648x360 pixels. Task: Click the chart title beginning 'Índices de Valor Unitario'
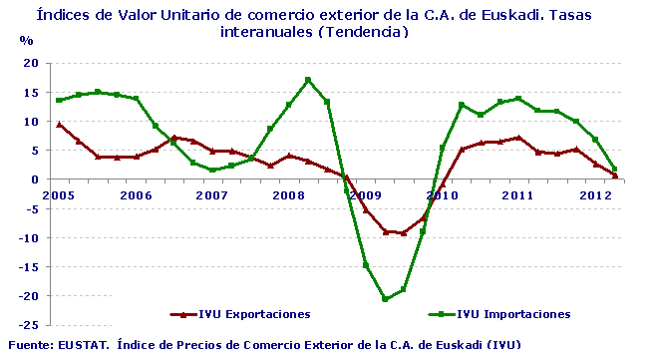324,23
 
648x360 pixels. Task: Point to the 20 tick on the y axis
31,63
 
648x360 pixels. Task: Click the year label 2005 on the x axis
60,194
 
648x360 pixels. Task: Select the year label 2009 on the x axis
366,194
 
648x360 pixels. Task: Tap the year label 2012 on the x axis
595,194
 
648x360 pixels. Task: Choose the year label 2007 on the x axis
211,194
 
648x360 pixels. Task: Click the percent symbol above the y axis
27,41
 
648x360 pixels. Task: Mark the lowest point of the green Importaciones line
385,299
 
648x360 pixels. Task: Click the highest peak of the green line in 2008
308,80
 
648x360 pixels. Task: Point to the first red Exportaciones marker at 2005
60,125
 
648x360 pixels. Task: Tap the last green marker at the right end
615,170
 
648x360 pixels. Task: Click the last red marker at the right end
615,177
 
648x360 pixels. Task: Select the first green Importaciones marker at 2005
60,100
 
